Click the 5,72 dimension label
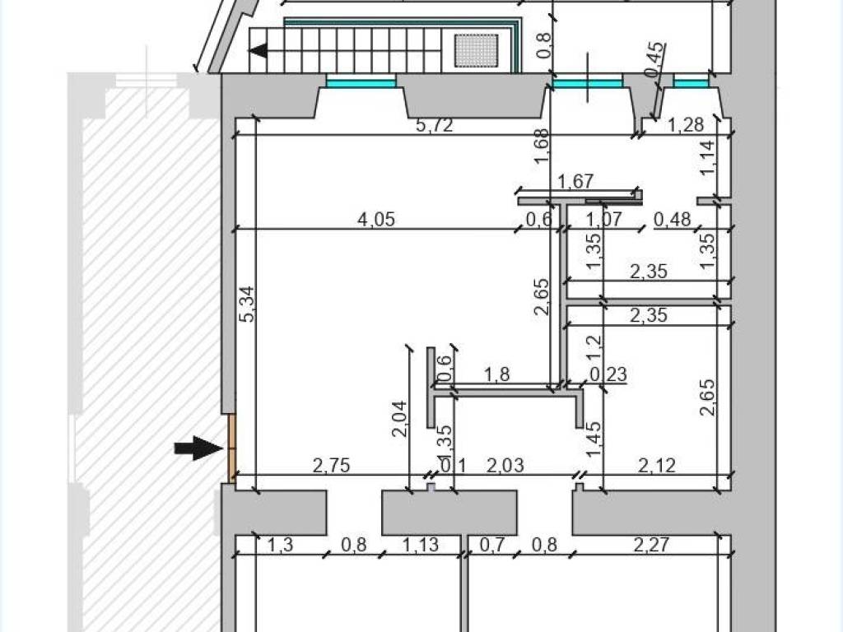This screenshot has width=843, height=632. (x=435, y=125)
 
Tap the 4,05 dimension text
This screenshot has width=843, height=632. (x=376, y=219)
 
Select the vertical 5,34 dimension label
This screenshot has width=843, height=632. (x=249, y=304)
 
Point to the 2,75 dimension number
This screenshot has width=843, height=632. (x=331, y=466)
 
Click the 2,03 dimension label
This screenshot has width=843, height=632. (x=505, y=465)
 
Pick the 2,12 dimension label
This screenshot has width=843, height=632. (x=657, y=465)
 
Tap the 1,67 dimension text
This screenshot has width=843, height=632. (x=575, y=182)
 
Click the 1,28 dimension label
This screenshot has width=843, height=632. (x=686, y=125)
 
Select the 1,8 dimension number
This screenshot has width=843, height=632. (x=497, y=374)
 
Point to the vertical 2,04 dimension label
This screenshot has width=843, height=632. (x=399, y=419)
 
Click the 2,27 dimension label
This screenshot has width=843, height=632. (x=651, y=545)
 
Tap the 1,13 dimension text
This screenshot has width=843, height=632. (x=421, y=545)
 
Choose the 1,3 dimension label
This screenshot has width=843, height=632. (x=280, y=545)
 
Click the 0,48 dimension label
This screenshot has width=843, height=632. (x=673, y=219)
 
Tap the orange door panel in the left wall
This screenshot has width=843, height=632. (x=232, y=448)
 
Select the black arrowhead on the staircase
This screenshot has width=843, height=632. (x=258, y=51)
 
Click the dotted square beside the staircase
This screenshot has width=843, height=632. (x=477, y=50)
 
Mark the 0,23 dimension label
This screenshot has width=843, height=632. (x=608, y=374)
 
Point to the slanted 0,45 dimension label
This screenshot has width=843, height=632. (x=654, y=59)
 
